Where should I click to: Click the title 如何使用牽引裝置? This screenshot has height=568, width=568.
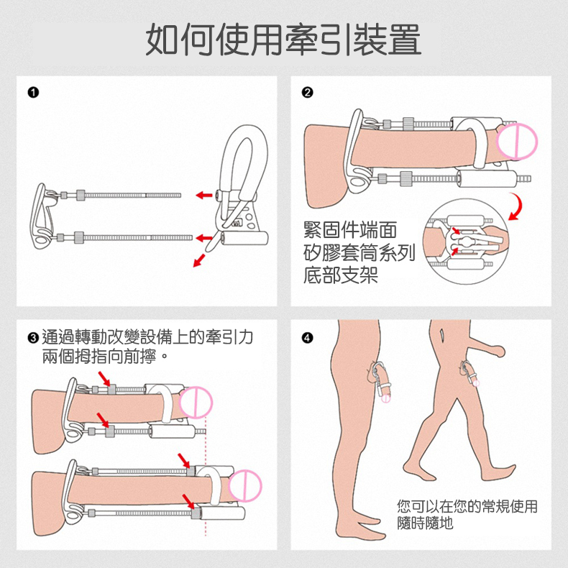283,40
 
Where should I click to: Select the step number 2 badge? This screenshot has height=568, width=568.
307,91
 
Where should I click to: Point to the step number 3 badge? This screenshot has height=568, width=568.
32,337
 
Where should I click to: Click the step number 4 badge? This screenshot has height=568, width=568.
307,337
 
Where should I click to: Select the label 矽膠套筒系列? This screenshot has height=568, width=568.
355,253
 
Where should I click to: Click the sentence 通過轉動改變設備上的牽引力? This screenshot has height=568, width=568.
147,337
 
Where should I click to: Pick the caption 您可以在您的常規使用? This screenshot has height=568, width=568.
467,506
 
